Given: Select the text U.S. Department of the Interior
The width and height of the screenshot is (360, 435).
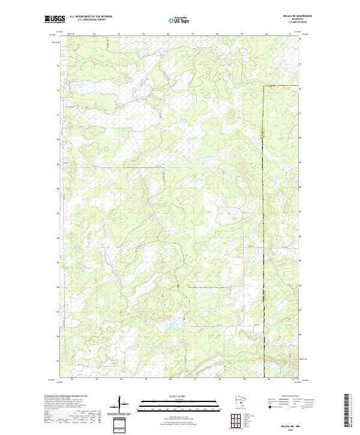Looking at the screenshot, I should coord(91,17).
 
